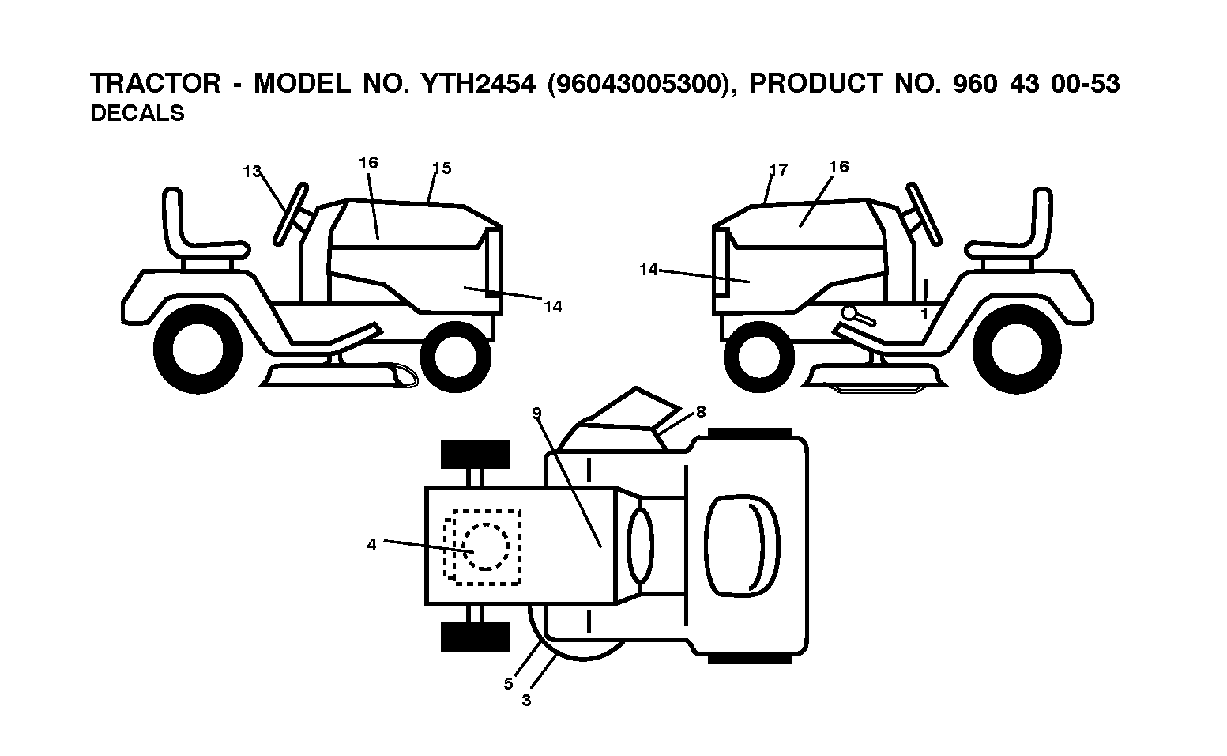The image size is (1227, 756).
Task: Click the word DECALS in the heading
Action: tap(137, 114)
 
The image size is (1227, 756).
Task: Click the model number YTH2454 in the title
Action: tap(478, 84)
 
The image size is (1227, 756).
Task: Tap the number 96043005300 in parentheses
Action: tap(639, 84)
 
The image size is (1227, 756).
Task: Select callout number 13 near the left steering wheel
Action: tap(252, 172)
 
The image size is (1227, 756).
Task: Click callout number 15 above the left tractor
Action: tap(442, 168)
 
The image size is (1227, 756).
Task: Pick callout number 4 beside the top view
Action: tap(372, 545)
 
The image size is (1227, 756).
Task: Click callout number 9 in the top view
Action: tap(536, 413)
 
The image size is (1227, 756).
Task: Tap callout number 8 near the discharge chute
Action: tap(701, 412)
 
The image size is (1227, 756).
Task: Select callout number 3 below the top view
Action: tap(526, 701)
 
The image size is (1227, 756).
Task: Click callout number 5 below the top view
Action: tap(509, 684)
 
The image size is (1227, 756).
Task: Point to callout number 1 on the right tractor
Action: tap(924, 314)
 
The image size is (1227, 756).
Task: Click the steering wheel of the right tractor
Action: tap(923, 214)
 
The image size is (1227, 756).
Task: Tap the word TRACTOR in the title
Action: tap(156, 84)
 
